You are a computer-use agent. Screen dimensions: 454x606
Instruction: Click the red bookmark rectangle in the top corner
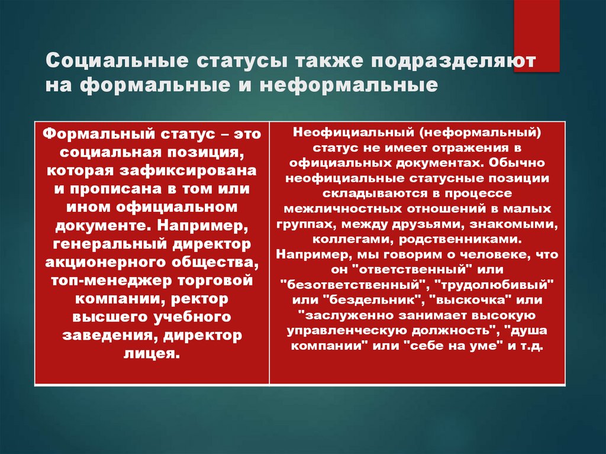[x=537, y=36]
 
